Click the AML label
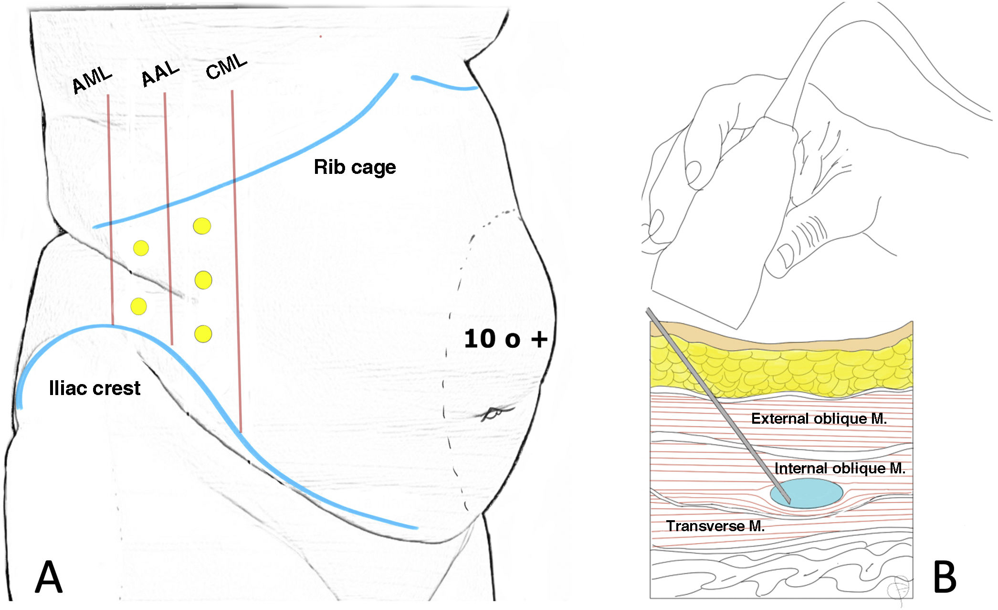(92, 81)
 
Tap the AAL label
(160, 74)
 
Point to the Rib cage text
(355, 167)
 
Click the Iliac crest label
(95, 388)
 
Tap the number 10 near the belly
(479, 339)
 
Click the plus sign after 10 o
(539, 339)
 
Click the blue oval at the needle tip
(807, 493)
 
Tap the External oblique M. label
(819, 418)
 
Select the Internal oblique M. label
(840, 468)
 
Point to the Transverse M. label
(715, 526)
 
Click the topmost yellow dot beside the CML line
(202, 226)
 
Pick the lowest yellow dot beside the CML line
(203, 333)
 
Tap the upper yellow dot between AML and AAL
(141, 248)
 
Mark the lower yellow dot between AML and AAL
(138, 306)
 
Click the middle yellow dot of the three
(203, 280)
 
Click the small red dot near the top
(321, 36)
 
